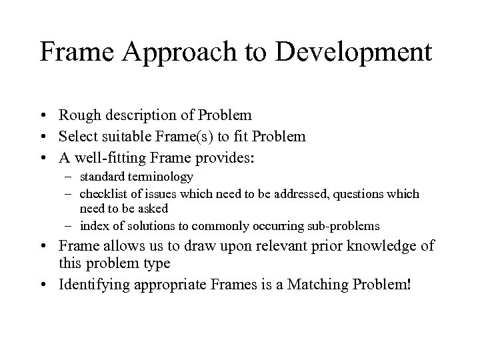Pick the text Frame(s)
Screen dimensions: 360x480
coord(181,138)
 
